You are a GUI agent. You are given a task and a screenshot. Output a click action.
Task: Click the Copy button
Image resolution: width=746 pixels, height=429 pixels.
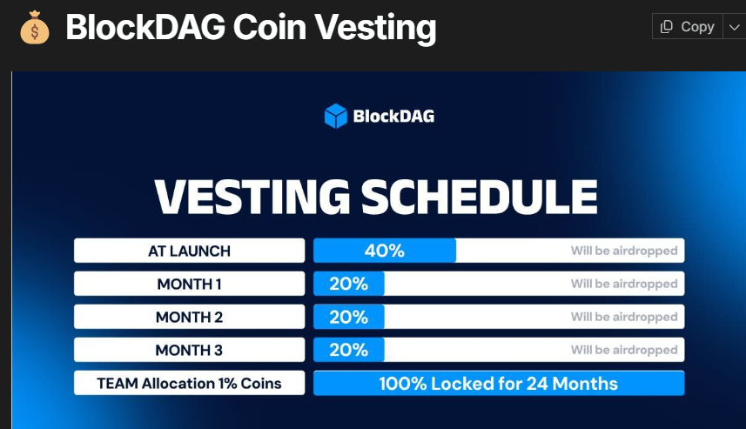(x=687, y=27)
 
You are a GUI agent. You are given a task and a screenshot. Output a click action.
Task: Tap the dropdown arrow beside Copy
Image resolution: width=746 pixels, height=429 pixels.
(x=733, y=27)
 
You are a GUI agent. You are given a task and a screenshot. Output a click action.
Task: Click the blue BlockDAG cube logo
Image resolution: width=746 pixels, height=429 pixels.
(x=335, y=116)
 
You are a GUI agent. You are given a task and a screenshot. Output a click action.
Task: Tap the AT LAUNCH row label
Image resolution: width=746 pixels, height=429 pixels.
(x=189, y=251)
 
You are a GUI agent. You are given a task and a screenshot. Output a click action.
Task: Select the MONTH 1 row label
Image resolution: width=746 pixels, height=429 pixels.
(x=189, y=284)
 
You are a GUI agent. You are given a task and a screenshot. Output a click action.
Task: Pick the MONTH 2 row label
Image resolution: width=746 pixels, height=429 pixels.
(x=189, y=317)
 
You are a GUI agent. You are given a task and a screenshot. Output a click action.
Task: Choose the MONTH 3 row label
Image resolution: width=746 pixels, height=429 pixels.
(x=189, y=350)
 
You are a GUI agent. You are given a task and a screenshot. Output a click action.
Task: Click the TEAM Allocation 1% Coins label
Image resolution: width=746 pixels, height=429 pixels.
(x=189, y=383)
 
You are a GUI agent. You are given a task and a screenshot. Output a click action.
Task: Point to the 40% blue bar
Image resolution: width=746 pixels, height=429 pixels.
(x=384, y=251)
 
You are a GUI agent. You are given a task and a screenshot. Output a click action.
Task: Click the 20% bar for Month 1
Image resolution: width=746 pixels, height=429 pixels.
(x=348, y=284)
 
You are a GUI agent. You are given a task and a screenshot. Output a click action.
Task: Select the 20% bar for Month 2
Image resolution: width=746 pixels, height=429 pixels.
(x=348, y=317)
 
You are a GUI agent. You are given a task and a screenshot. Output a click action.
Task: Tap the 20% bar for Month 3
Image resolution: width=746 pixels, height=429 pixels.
(x=348, y=350)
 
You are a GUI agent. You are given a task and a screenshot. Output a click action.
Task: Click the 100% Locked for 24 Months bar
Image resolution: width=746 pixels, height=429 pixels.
(x=498, y=383)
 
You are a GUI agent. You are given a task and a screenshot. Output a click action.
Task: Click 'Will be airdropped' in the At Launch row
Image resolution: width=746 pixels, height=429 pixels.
(x=623, y=251)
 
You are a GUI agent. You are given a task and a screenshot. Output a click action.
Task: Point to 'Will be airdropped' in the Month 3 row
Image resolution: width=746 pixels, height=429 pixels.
(x=623, y=350)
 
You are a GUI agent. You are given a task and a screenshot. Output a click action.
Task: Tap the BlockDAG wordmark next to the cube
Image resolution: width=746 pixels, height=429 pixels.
(x=393, y=116)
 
